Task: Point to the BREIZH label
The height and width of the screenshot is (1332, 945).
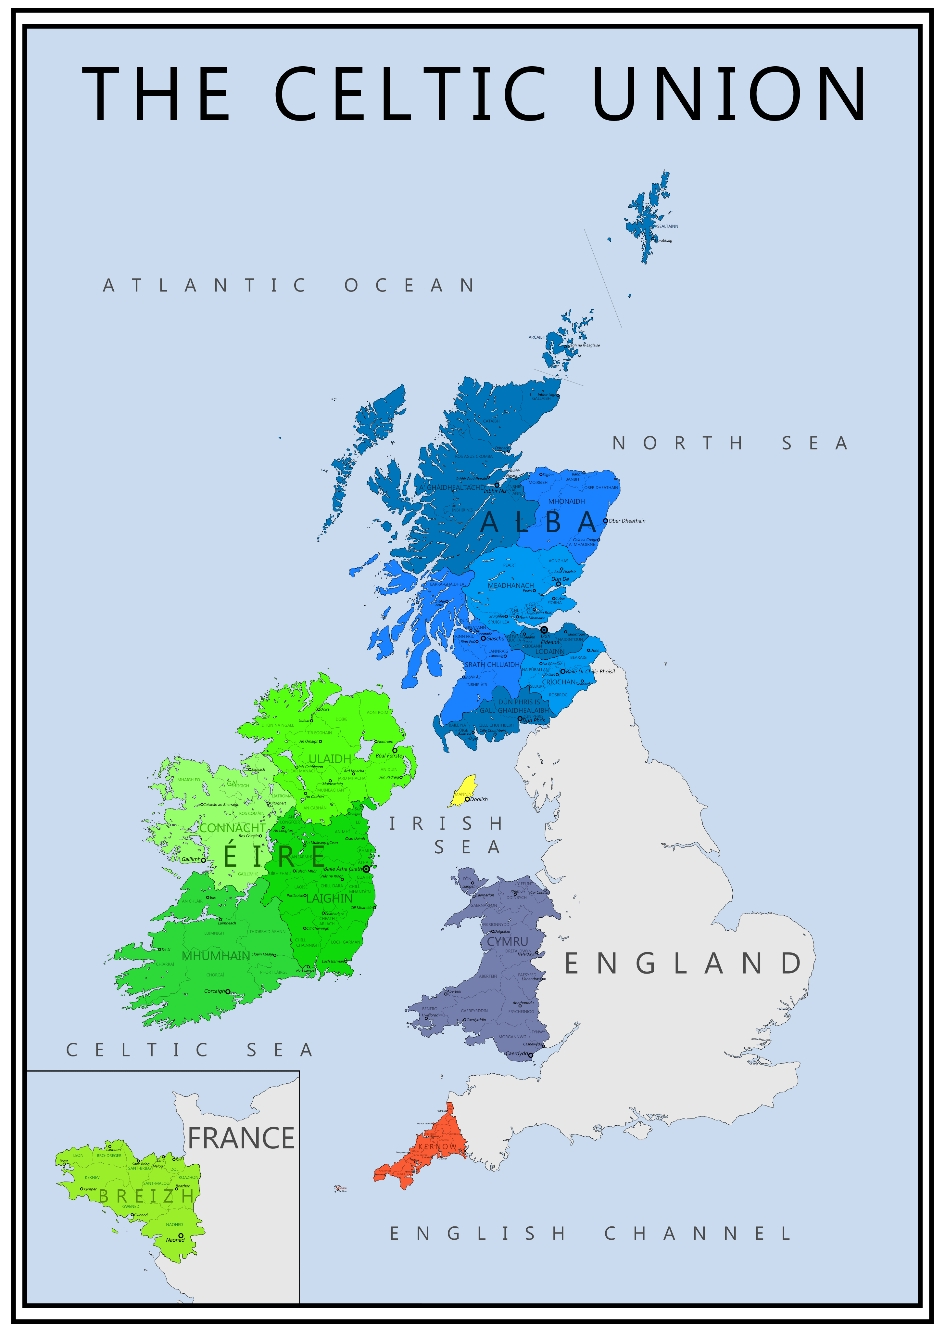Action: (147, 1197)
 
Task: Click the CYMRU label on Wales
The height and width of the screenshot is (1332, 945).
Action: (508, 941)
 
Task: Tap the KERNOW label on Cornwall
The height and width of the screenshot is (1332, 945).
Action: (437, 1147)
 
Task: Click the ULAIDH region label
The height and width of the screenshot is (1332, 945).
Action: (330, 758)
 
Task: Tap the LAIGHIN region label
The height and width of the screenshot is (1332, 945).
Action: (329, 898)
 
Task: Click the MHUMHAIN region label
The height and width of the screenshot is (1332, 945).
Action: (216, 956)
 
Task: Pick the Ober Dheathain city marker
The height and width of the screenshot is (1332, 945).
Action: (606, 521)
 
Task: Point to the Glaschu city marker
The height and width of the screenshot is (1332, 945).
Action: (483, 639)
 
